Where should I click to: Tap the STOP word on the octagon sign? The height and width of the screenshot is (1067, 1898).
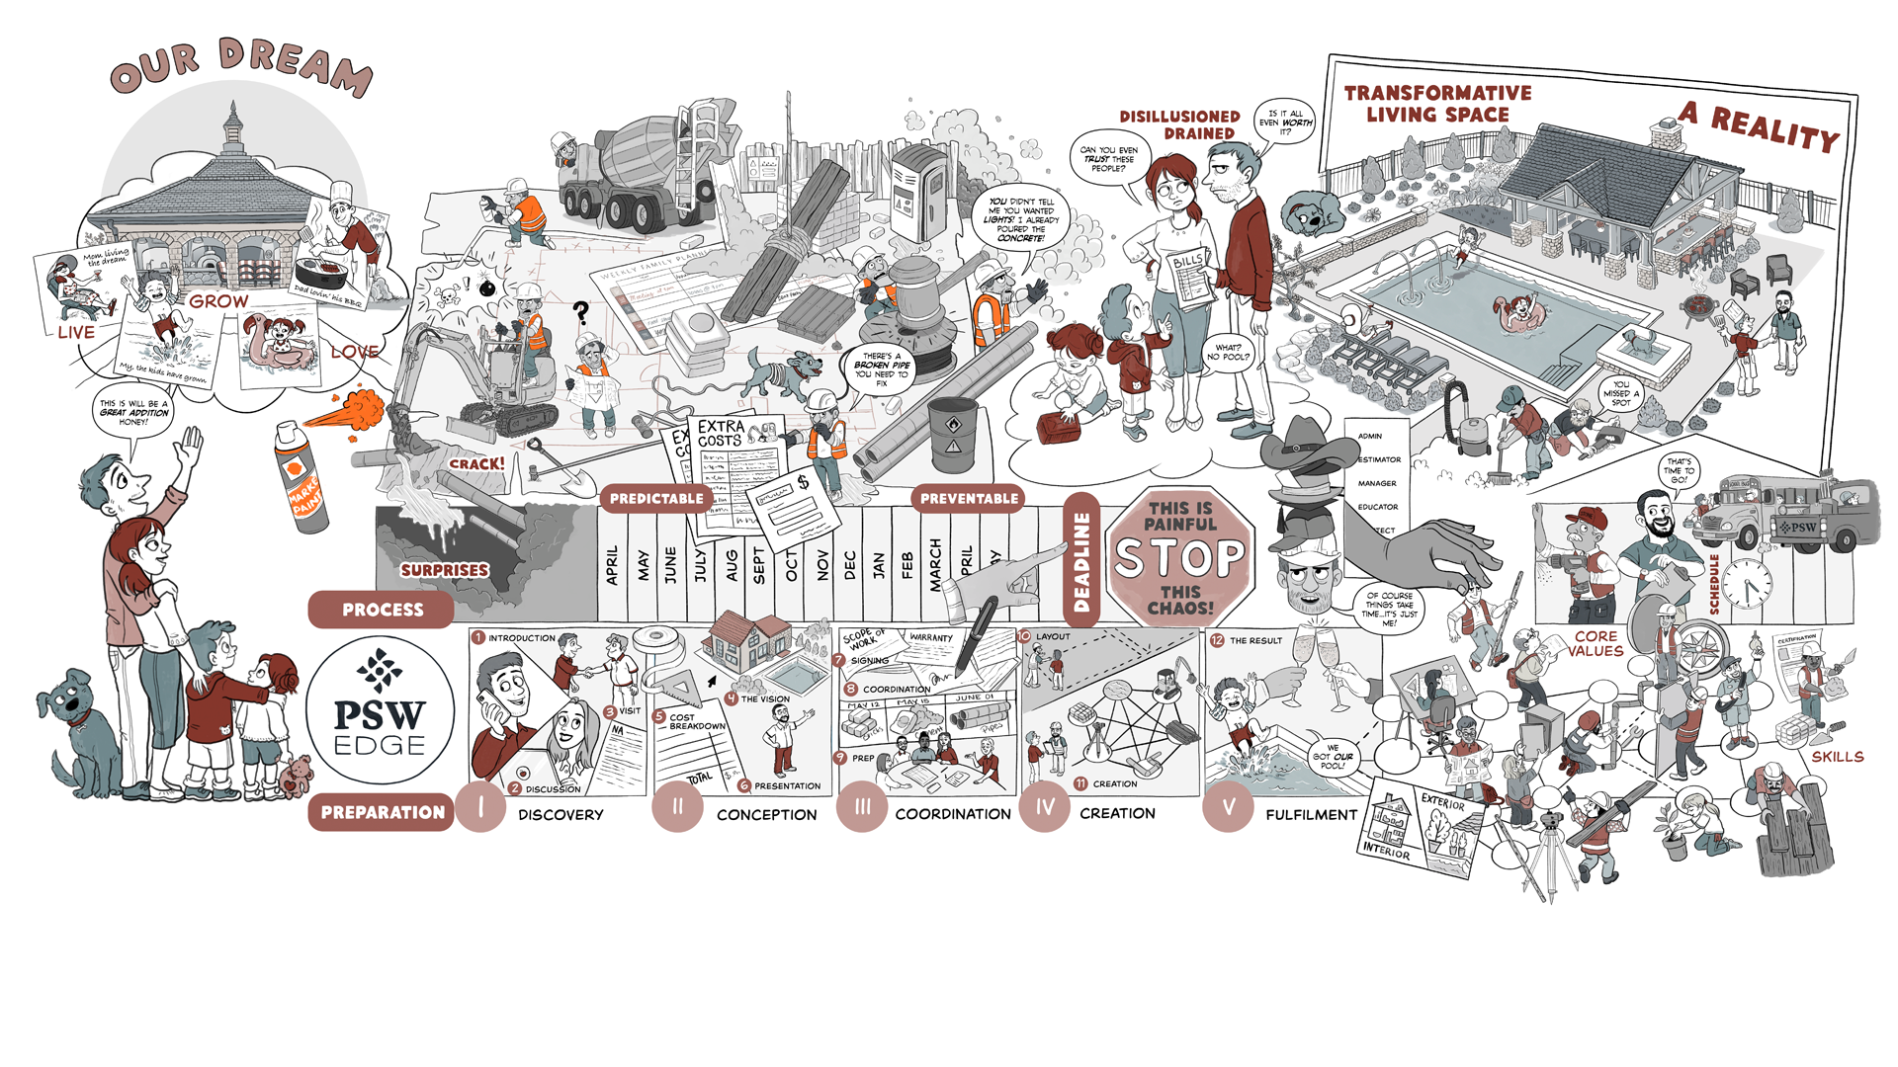1179,558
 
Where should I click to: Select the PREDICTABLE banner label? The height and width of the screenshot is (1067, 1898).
656,499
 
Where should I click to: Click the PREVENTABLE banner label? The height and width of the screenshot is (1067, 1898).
969,499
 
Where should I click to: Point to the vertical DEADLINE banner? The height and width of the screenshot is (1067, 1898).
1081,560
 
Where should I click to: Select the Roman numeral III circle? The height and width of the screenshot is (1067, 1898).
862,807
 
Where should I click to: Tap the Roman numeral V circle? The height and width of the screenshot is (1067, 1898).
1228,807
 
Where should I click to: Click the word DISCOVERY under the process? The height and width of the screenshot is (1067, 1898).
561,815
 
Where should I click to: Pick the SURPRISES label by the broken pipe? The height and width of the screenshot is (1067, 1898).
444,570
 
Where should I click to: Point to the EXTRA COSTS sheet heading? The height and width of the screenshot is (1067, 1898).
721,433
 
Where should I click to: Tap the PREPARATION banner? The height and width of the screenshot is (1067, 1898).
382,812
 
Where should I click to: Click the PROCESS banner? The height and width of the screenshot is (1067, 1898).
382,610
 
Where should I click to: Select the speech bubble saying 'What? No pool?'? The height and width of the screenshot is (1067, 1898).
1228,352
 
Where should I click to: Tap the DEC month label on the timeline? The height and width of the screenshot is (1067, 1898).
849,565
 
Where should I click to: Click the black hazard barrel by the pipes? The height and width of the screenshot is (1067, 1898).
952,434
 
